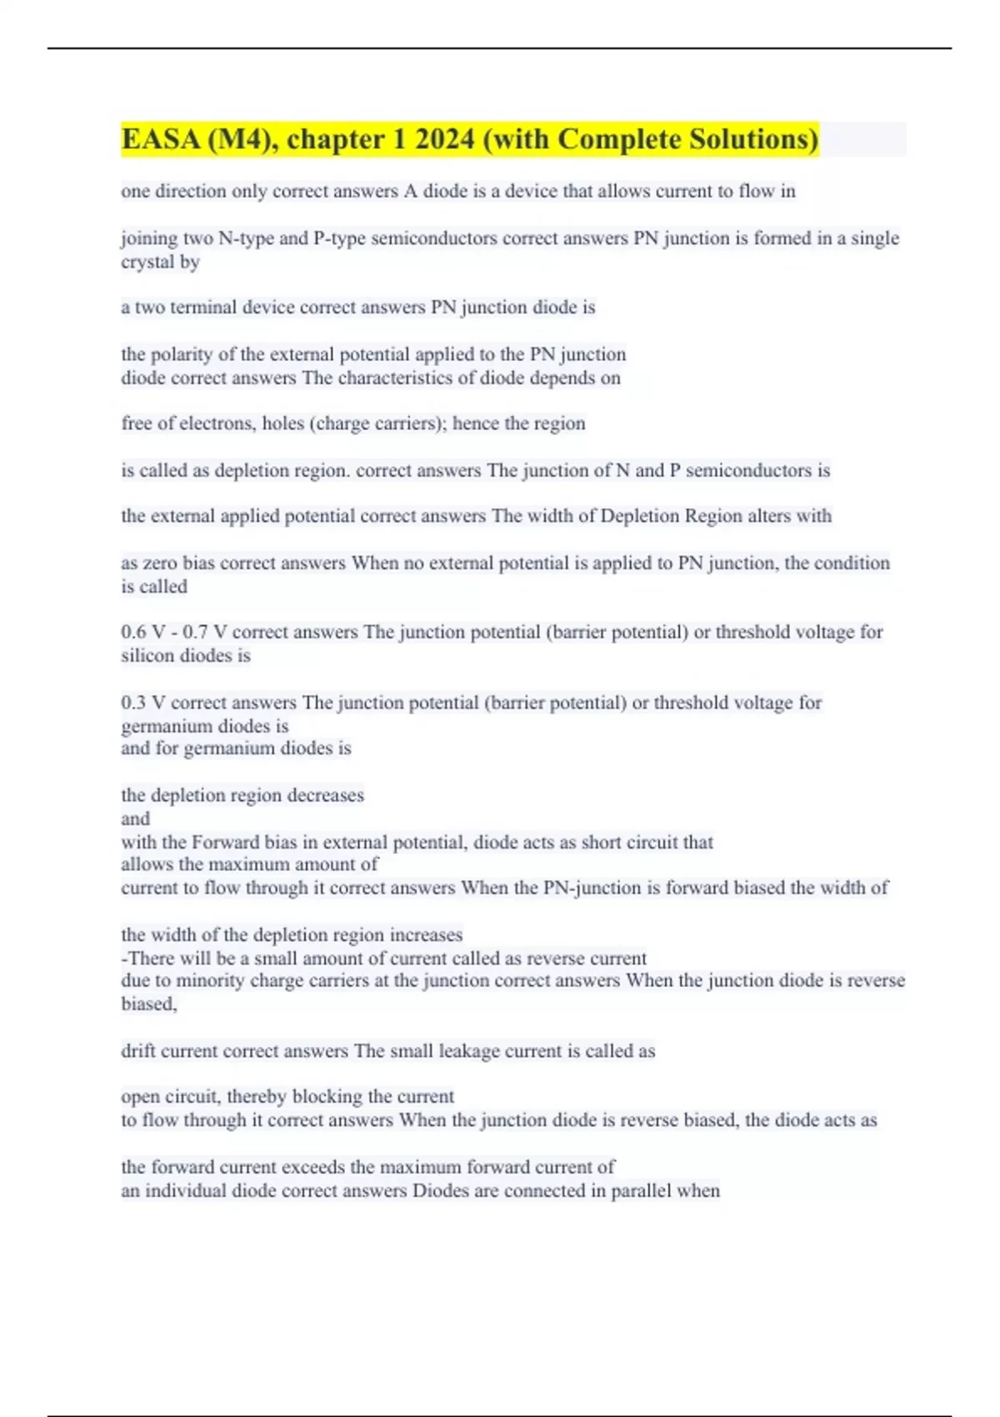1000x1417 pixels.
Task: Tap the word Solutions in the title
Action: (x=750, y=139)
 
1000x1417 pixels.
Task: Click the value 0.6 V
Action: (x=143, y=633)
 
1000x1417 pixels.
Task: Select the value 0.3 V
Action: (x=143, y=703)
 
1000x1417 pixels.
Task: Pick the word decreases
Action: (x=325, y=795)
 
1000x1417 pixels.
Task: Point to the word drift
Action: (x=137, y=1051)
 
